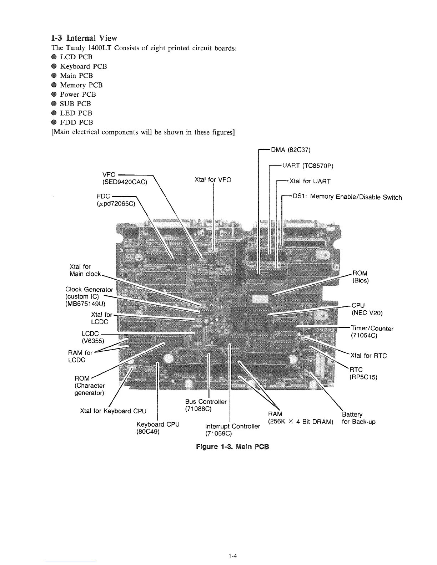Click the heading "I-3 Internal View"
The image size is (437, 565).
click(84, 38)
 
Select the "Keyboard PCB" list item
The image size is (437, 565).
click(83, 66)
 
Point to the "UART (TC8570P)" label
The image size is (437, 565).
click(308, 166)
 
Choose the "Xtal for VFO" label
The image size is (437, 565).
click(213, 180)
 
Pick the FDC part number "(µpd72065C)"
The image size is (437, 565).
click(115, 204)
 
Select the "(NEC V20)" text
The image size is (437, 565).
click(367, 313)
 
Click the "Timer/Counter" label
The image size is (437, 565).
click(372, 329)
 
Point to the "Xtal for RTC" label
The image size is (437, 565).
click(369, 356)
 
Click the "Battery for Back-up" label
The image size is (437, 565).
click(358, 418)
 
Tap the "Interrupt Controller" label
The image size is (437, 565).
click(232, 426)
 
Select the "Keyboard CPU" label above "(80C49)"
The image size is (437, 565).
click(158, 424)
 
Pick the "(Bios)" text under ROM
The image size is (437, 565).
click(360, 280)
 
